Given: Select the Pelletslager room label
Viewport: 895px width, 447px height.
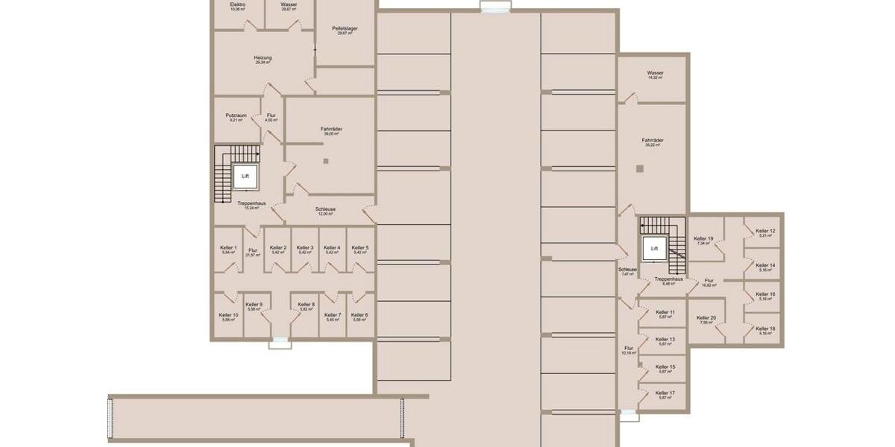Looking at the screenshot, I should point(345,31).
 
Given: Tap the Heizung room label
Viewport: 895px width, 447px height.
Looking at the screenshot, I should point(263,60).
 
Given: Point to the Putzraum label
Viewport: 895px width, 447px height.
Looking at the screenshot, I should point(236,117).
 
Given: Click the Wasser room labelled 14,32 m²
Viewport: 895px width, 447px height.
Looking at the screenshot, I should point(655,75).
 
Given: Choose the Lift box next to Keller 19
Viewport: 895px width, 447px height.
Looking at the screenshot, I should point(654,248).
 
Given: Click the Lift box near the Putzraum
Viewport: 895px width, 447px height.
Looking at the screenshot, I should point(245,177).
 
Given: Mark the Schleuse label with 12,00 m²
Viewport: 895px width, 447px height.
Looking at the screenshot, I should point(325,212).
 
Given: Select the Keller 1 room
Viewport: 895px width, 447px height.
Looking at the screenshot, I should point(228,250).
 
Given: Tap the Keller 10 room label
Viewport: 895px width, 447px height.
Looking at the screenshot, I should point(228,317).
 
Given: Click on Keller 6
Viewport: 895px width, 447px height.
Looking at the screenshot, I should point(359,317).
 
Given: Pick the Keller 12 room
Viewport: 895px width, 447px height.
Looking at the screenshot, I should point(765,233).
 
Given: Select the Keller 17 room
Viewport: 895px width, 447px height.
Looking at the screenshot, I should point(665,395).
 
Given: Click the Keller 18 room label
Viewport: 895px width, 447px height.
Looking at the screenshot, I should point(765,331).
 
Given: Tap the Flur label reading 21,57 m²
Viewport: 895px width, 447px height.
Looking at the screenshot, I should point(253,253).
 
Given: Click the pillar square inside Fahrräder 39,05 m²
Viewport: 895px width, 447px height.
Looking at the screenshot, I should point(326,161).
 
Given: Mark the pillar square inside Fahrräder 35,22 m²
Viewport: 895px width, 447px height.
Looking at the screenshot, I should point(639,169).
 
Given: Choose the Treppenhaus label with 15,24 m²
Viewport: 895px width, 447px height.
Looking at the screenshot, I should point(251,205).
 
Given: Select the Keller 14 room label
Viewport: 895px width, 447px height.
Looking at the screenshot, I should point(765,267).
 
